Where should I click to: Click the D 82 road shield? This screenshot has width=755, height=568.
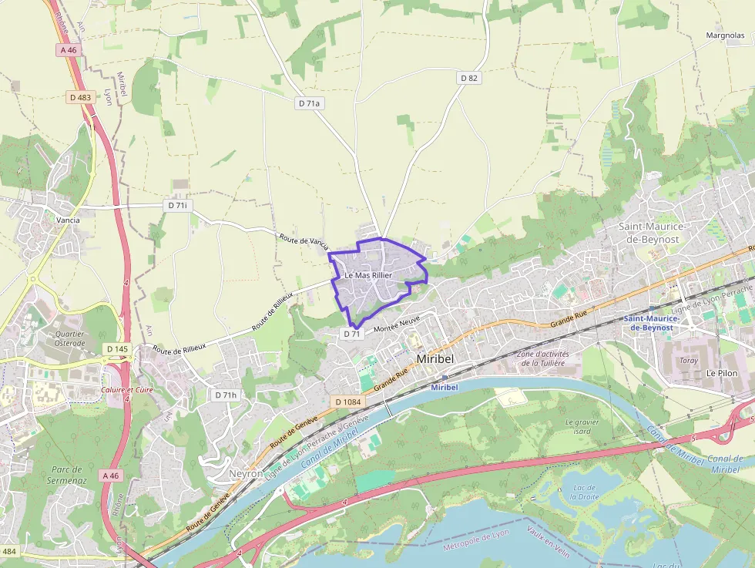469,78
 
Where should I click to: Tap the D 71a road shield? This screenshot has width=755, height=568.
308,103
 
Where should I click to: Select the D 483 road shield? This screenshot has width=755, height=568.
79,98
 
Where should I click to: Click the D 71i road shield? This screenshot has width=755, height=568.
176,206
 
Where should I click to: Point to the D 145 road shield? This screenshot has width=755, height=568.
117,349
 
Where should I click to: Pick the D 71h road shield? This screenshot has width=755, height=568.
225,395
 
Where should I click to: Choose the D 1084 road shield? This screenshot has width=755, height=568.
348,402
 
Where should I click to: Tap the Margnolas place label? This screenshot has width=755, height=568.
725,35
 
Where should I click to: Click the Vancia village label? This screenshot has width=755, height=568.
68,220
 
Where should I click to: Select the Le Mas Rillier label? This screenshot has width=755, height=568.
368,275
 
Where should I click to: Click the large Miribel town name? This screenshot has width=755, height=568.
436,359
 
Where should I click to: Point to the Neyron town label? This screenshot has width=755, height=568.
247,473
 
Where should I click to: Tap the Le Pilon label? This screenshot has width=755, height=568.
722,372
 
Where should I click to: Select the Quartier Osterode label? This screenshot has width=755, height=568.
69,338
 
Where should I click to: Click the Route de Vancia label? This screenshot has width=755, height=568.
304,241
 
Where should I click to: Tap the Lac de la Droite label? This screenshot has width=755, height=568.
585,492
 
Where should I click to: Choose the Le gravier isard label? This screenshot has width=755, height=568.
582,426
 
